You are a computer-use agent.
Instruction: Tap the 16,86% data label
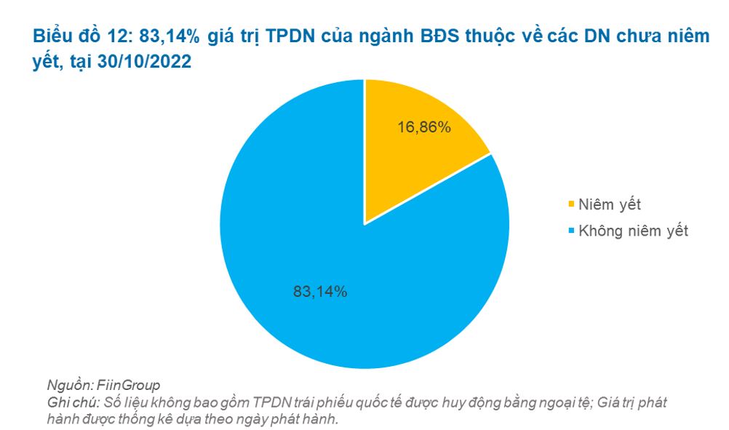424,127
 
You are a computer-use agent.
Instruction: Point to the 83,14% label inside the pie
320,292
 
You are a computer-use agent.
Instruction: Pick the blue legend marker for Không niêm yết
570,231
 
